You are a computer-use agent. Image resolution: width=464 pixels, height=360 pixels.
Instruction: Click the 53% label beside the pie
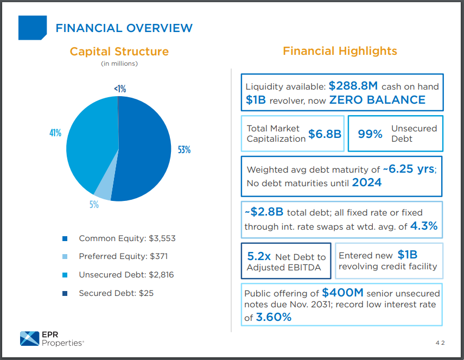pos(184,150)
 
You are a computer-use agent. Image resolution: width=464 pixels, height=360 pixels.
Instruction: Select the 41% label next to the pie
pos(55,133)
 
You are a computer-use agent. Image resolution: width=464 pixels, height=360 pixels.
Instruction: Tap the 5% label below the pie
pos(94,205)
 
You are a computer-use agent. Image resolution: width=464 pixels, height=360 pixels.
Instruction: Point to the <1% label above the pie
pos(120,89)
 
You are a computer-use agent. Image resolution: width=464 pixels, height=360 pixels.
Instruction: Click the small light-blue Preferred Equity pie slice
pos(103,188)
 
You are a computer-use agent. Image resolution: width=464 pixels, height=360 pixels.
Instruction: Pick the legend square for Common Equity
pos(65,238)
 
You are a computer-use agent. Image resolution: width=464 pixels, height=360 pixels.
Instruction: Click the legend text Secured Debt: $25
pos(116,293)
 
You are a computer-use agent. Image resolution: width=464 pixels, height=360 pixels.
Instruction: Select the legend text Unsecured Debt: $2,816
pos(126,275)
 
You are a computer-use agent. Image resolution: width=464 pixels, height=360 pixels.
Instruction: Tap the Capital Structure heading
pos(119,52)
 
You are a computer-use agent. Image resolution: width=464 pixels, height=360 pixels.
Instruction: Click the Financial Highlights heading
pos(340,51)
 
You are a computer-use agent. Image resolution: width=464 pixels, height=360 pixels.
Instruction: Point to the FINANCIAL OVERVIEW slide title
pos(124,28)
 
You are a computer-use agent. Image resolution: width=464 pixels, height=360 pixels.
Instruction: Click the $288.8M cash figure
pos(353,86)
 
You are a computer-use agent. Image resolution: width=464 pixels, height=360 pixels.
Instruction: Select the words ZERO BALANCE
pos(377,100)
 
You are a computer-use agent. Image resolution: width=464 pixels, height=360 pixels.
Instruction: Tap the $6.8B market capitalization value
pos(325,134)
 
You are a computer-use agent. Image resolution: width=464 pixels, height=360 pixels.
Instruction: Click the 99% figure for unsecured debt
pos(370,134)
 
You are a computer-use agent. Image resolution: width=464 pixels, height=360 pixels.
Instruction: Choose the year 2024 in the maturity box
pos(367,183)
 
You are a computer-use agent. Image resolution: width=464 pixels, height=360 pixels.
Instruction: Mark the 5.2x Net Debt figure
pos(259,256)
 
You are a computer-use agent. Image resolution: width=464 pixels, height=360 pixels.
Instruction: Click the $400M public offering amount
pos(342,293)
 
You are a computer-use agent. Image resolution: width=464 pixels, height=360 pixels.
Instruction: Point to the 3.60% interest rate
pos(274,317)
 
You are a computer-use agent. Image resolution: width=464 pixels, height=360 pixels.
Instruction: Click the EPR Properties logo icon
pos(30,338)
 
